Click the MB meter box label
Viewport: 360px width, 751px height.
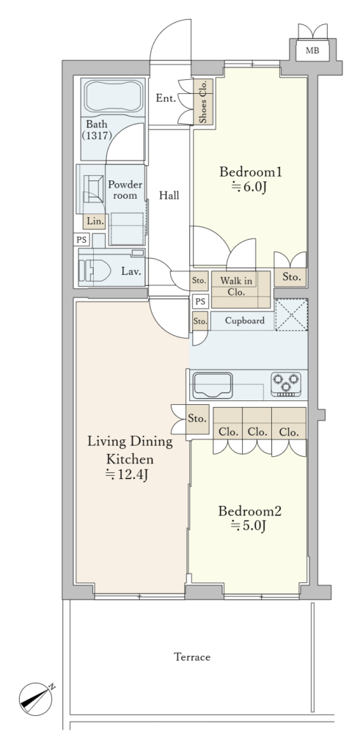[312, 51]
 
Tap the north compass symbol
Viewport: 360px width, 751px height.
[37, 699]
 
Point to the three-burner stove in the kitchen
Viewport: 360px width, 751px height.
[286, 384]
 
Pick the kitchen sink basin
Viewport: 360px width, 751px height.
[212, 385]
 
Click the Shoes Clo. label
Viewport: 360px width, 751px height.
[203, 101]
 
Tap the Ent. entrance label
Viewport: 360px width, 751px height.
[166, 99]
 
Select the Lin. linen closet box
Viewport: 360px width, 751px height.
[95, 221]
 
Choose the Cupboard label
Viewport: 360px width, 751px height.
[244, 320]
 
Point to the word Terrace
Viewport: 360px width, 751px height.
[192, 656]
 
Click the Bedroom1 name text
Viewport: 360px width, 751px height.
[250, 172]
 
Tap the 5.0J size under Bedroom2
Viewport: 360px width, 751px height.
[249, 525]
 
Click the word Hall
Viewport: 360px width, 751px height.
[169, 195]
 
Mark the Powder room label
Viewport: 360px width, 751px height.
[125, 190]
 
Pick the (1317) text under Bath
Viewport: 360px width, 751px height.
[97, 136]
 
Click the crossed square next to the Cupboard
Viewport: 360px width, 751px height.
[291, 315]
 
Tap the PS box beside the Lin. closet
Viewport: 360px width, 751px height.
[81, 240]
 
